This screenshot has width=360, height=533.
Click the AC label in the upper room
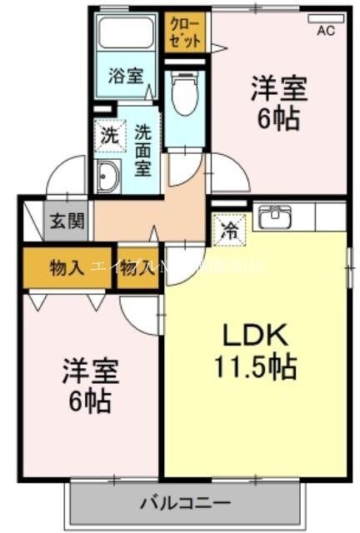click(x=326, y=32)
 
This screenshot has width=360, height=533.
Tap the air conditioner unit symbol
click(x=326, y=18)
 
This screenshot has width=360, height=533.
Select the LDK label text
click(x=254, y=336)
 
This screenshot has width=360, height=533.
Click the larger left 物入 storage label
click(x=67, y=267)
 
